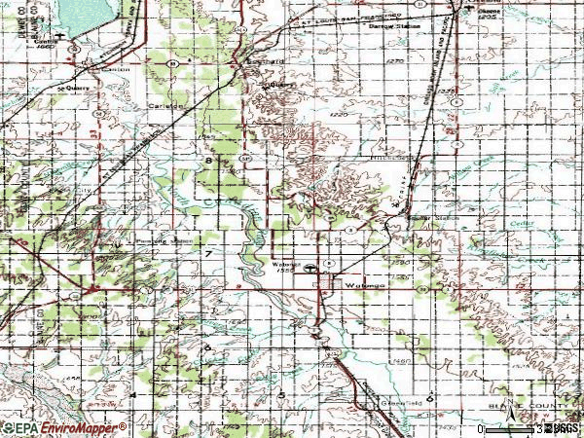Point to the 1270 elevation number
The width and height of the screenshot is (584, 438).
click(x=394, y=60)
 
